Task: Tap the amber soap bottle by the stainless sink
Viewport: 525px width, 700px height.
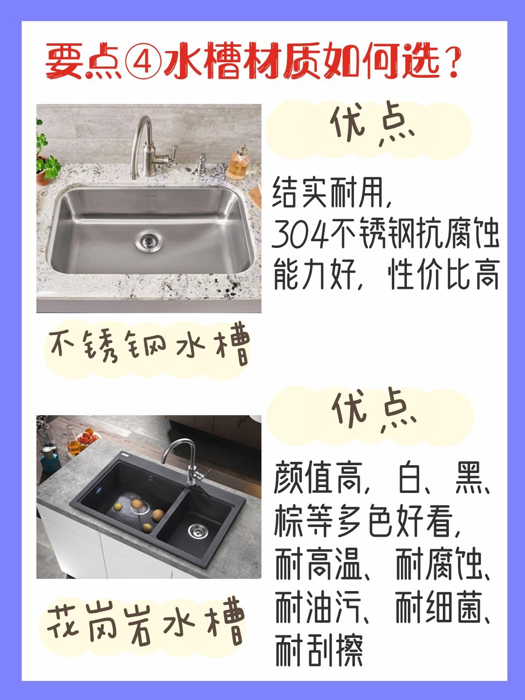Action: point(238,165)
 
